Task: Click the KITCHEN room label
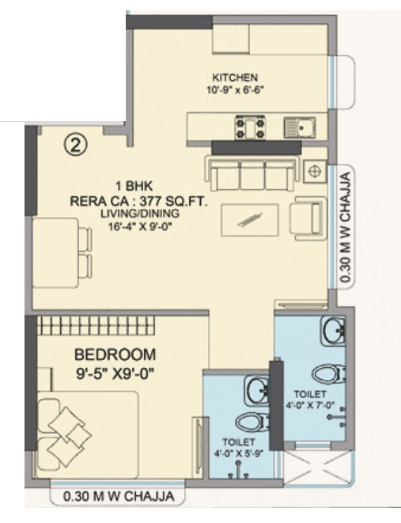click(235, 77)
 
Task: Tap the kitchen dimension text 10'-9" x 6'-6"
click(235, 89)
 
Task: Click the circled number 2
click(74, 144)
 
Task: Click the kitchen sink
click(301, 125)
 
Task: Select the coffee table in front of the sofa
click(250, 217)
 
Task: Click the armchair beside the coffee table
click(307, 214)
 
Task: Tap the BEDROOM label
click(115, 353)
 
